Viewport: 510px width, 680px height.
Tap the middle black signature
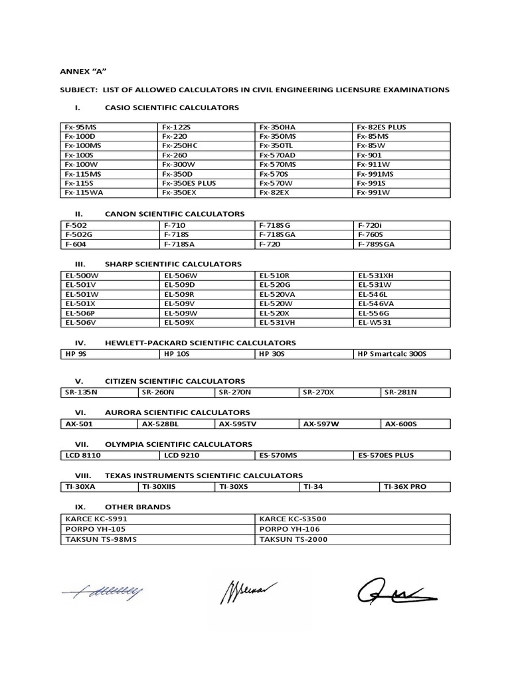pyautogui.click(x=248, y=590)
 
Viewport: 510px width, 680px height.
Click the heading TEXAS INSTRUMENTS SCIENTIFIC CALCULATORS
pyautogui.click(x=204, y=475)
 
